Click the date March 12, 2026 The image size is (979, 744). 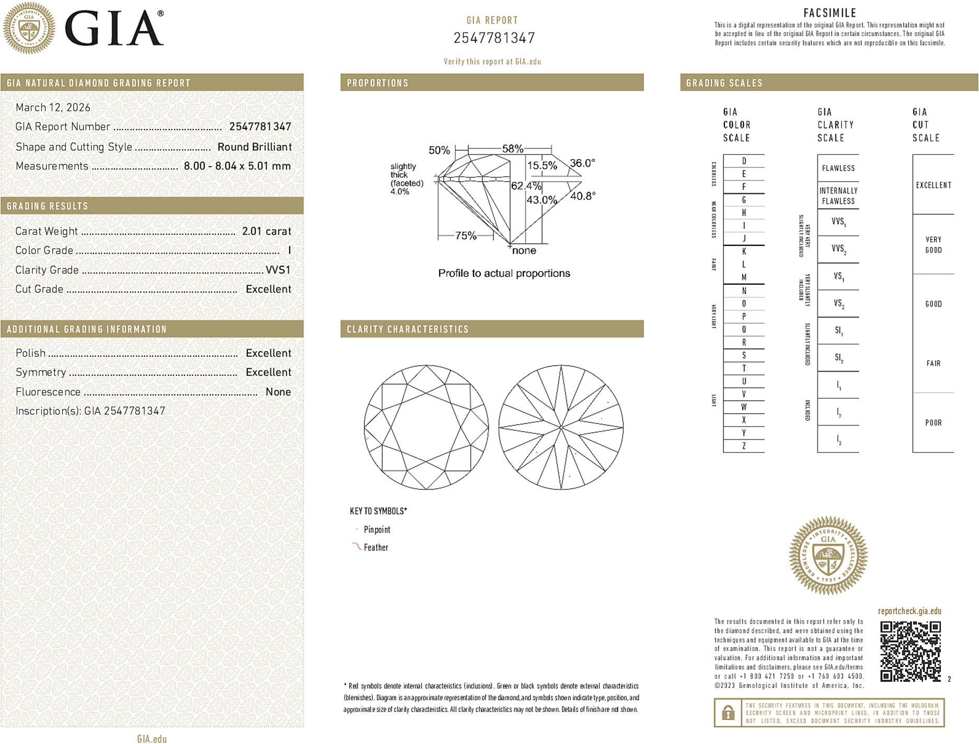(x=53, y=107)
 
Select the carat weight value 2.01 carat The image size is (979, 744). (x=266, y=231)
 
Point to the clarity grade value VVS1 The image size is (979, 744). (x=278, y=270)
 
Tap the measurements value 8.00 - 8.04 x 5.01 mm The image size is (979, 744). (x=237, y=166)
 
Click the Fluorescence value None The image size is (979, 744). (x=278, y=392)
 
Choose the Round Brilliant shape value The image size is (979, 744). (x=254, y=147)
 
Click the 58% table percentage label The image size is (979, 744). (x=512, y=149)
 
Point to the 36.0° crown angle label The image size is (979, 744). (x=582, y=163)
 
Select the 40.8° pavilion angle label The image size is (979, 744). (x=582, y=196)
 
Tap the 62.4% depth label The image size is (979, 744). (x=526, y=186)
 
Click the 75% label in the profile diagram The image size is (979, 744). (x=465, y=236)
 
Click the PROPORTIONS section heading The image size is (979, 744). (x=377, y=83)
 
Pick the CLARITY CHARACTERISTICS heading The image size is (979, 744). (x=408, y=329)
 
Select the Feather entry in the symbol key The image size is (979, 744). (x=376, y=547)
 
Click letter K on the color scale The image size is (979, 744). (x=744, y=252)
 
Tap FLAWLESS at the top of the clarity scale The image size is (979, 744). (x=838, y=168)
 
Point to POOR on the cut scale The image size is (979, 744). (x=933, y=423)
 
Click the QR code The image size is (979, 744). (x=910, y=651)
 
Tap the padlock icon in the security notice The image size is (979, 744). (x=728, y=713)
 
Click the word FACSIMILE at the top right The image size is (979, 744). (x=830, y=13)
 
